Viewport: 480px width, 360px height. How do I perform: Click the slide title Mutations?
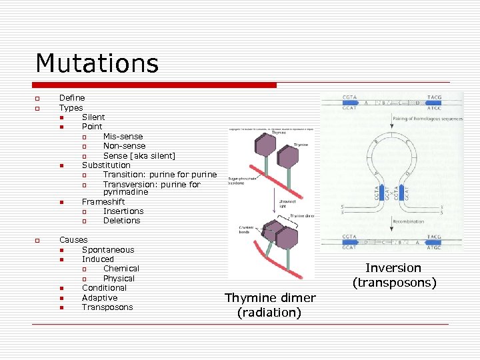tap(97, 63)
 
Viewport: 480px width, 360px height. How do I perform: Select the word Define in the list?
tap(72, 98)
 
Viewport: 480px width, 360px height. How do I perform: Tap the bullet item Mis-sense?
tap(123, 137)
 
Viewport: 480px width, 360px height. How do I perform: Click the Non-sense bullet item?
tap(124, 146)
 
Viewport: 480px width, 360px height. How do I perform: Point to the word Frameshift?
tap(103, 201)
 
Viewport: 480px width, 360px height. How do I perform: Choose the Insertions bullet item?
tap(123, 211)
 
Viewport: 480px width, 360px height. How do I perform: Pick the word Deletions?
tap(121, 221)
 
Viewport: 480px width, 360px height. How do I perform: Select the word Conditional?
tap(104, 288)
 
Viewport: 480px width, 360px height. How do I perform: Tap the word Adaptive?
tap(99, 298)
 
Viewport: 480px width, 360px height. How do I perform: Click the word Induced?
tap(98, 259)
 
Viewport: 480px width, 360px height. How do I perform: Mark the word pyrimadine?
tap(125, 192)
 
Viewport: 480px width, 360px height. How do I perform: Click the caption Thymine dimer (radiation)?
tap(270, 305)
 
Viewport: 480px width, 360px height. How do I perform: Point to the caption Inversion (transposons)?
tap(394, 275)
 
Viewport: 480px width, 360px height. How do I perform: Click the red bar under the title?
tap(155, 85)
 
